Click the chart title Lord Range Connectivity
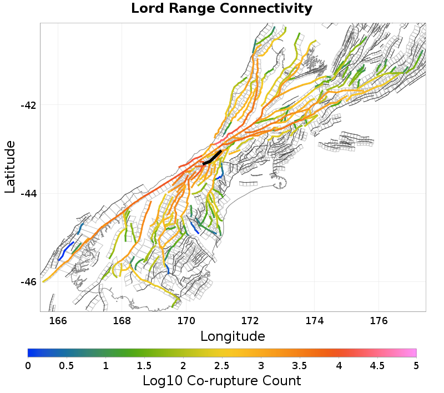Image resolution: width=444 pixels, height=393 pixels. point(221,9)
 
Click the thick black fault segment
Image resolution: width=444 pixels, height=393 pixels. point(212,158)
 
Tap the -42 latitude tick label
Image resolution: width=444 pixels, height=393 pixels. point(28,105)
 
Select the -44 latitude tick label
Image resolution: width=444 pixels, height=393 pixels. point(28,194)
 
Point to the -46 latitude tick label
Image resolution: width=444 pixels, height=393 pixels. point(28,282)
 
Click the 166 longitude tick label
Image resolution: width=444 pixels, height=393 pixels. point(58,320)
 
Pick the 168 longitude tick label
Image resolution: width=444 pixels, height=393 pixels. point(122,320)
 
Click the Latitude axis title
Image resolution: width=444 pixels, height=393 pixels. point(10,167)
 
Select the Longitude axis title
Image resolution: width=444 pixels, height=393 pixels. point(233,336)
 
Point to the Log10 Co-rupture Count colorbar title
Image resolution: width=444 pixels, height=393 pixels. point(221,381)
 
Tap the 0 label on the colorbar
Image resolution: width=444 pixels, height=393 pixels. point(28,365)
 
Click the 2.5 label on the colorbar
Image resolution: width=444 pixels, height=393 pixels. point(222,365)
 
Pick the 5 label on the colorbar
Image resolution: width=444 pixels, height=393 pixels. point(416,365)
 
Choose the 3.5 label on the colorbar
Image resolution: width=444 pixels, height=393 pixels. point(300,365)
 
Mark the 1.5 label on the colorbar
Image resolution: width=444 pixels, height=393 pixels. point(144,365)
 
